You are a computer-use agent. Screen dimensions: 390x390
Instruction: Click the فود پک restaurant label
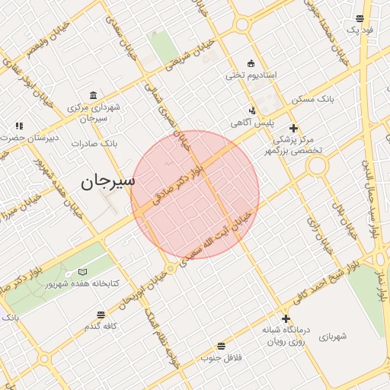359,30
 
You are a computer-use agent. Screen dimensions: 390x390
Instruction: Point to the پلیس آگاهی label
252,123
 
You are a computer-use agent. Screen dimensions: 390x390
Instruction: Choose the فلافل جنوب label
221,356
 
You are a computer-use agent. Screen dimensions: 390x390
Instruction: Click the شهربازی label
334,335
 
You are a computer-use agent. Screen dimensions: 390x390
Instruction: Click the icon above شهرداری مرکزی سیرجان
93,95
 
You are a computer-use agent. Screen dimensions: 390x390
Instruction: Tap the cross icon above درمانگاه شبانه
286,318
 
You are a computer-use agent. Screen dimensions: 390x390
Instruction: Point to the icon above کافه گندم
100,314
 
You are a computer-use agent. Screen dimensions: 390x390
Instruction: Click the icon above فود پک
360,18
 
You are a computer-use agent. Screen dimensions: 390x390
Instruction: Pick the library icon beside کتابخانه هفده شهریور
82,272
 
